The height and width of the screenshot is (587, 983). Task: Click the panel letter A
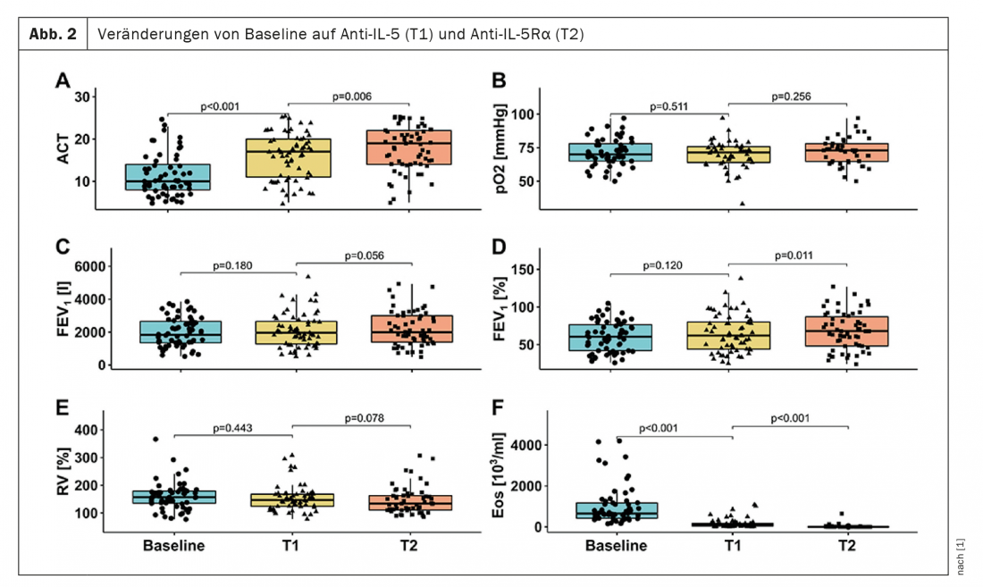point(63,81)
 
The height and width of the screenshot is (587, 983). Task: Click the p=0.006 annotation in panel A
point(351,96)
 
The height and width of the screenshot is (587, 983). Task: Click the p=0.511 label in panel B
point(668,106)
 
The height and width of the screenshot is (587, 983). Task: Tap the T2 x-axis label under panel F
point(846,545)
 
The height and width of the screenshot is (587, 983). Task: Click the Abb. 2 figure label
point(51,34)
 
